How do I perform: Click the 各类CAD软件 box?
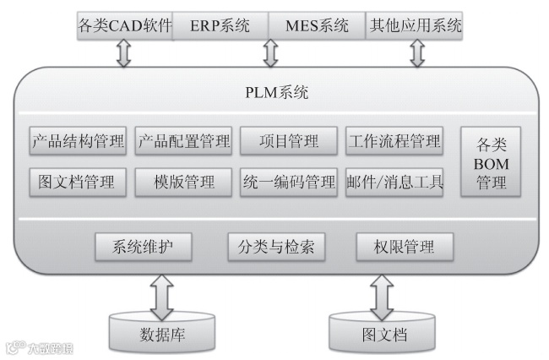click(124, 25)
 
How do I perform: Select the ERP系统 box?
click(221, 25)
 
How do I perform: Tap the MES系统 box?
click(318, 25)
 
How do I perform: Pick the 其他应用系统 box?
click(416, 25)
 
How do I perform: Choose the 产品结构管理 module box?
click(78, 141)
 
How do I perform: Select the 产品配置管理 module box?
click(183, 141)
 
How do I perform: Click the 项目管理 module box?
click(289, 141)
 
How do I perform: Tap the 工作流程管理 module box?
click(394, 141)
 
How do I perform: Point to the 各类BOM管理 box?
click(492, 162)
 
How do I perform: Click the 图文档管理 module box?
click(78, 182)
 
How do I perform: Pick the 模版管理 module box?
click(183, 182)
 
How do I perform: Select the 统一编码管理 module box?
click(289, 182)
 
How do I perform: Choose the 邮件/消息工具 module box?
click(394, 182)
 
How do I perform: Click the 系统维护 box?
click(143, 247)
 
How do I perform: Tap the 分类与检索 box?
click(277, 247)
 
